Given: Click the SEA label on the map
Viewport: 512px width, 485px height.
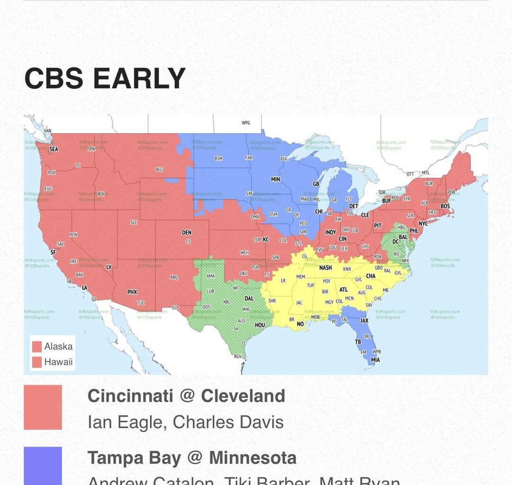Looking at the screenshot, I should pyautogui.click(x=54, y=149).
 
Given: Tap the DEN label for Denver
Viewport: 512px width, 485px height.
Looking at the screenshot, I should pyautogui.click(x=187, y=233).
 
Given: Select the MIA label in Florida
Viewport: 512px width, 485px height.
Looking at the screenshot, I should pyautogui.click(x=375, y=360).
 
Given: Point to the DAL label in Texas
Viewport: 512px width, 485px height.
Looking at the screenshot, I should pyautogui.click(x=249, y=298).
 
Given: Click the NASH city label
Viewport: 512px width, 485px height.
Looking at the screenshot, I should pyautogui.click(x=326, y=268).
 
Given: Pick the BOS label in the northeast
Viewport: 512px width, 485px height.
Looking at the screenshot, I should pyautogui.click(x=445, y=206).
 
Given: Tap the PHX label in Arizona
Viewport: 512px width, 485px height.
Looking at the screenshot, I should pyautogui.click(x=132, y=292).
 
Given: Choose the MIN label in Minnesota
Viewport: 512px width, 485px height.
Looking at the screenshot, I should pyautogui.click(x=275, y=180).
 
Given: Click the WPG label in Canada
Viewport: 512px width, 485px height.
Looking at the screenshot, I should pyautogui.click(x=246, y=123).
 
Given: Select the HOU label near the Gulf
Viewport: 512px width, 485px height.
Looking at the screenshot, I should pyautogui.click(x=260, y=325).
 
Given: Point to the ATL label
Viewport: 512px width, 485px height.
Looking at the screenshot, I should pyautogui.click(x=343, y=289).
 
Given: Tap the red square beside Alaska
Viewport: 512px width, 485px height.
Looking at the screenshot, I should pyautogui.click(x=37, y=347).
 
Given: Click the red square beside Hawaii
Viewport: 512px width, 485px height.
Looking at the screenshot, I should pyautogui.click(x=37, y=362).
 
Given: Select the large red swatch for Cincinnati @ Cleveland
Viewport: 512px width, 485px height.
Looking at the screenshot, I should pyautogui.click(x=43, y=407).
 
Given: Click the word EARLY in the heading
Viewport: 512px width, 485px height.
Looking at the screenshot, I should pyautogui.click(x=139, y=79).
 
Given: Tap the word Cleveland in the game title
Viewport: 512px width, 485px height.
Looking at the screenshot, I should pyautogui.click(x=243, y=396).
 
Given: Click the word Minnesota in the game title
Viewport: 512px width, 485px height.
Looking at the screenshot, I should pyautogui.click(x=253, y=458).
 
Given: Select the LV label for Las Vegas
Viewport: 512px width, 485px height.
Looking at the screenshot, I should pyautogui.click(x=109, y=267).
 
